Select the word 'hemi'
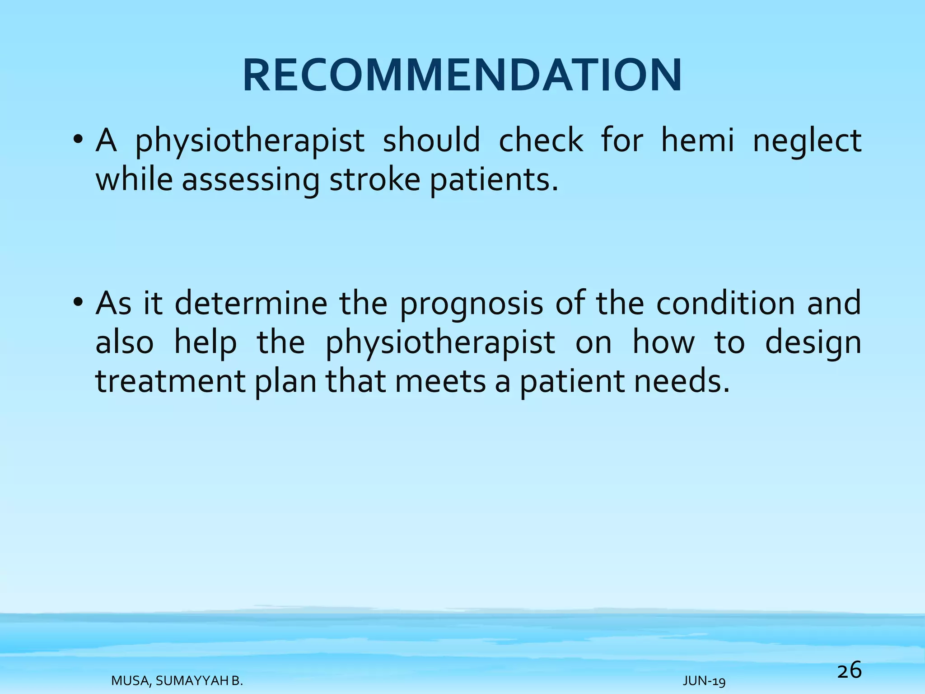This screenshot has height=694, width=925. click(x=698, y=140)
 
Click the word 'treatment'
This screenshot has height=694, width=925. click(x=170, y=382)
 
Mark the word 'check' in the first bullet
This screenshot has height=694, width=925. click(x=541, y=140)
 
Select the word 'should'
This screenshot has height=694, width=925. click(x=431, y=140)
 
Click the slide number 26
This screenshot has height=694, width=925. click(x=849, y=670)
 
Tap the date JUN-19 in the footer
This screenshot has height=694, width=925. click(x=704, y=681)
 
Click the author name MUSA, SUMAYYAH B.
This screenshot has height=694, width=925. click(x=177, y=681)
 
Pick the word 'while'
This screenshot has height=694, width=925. click(x=134, y=180)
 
